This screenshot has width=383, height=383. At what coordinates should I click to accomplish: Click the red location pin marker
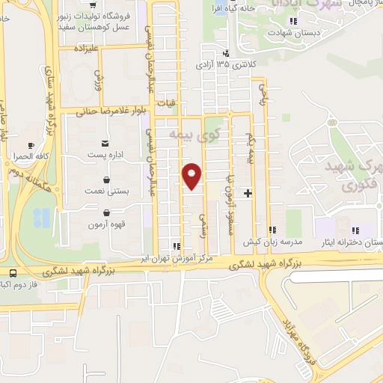point(191,176)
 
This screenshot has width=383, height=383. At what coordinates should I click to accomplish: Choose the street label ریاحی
point(263,94)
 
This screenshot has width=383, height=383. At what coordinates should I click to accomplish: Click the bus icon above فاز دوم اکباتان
point(13,273)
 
